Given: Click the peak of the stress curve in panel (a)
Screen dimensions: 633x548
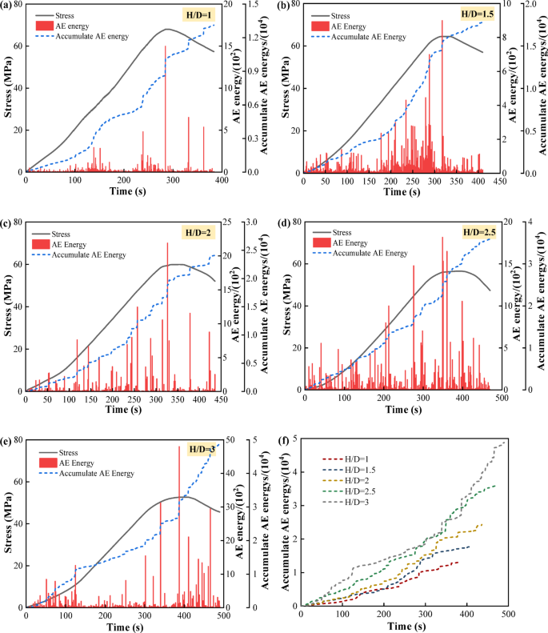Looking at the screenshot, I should click(x=166, y=30).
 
